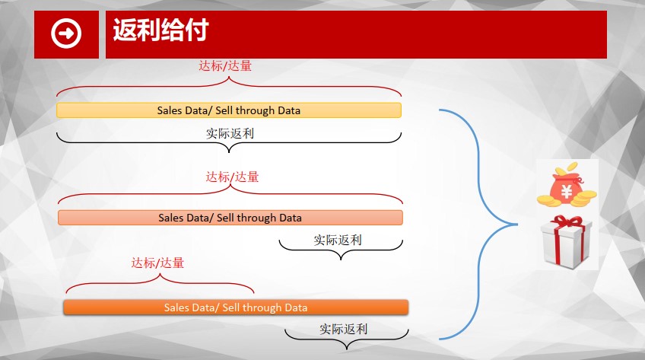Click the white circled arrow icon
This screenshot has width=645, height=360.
click(66, 33)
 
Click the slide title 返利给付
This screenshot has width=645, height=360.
click(160, 30)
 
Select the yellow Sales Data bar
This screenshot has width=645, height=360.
click(229, 110)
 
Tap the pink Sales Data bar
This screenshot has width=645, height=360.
click(230, 218)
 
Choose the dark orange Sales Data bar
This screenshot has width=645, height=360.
click(236, 307)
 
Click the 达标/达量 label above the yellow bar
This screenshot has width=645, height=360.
click(225, 65)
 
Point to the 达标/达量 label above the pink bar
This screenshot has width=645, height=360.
click(232, 177)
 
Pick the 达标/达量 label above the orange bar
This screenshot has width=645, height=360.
click(157, 263)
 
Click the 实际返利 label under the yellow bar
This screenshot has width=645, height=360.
click(230, 133)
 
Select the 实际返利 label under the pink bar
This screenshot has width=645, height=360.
click(337, 240)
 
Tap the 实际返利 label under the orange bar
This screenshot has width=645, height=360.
click(344, 329)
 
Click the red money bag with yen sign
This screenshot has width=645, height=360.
click(567, 185)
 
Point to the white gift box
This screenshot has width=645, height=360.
click(567, 242)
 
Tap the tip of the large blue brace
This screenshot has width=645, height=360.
click(517, 225)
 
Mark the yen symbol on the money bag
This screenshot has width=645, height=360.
click(567, 192)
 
